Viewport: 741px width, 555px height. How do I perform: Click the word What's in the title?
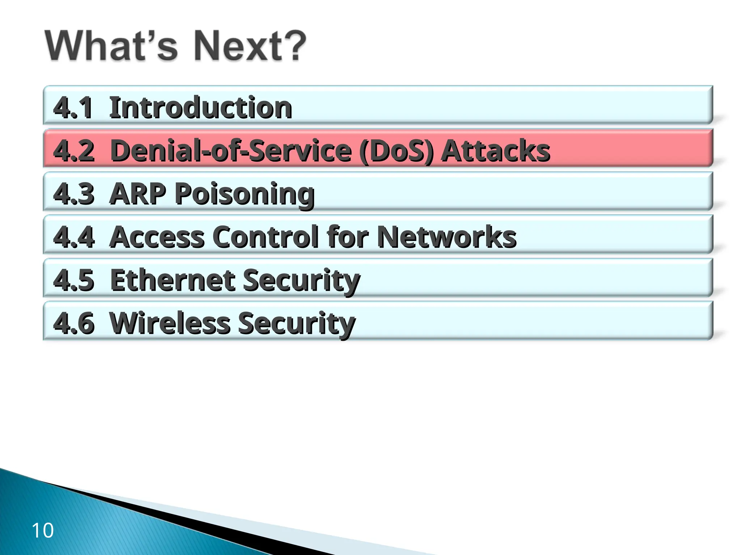pyautogui.click(x=111, y=46)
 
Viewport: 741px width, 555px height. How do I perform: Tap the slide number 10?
pyautogui.click(x=43, y=530)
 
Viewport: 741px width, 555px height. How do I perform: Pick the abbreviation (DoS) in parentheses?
pyautogui.click(x=397, y=151)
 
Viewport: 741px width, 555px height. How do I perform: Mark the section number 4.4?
pyautogui.click(x=74, y=237)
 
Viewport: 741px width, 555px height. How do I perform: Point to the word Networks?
pyautogui.click(x=447, y=237)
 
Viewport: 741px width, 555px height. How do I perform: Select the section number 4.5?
pyautogui.click(x=74, y=280)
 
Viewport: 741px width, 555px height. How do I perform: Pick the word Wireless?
pyautogui.click(x=169, y=323)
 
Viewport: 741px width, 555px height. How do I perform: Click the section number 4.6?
pyautogui.click(x=74, y=323)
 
